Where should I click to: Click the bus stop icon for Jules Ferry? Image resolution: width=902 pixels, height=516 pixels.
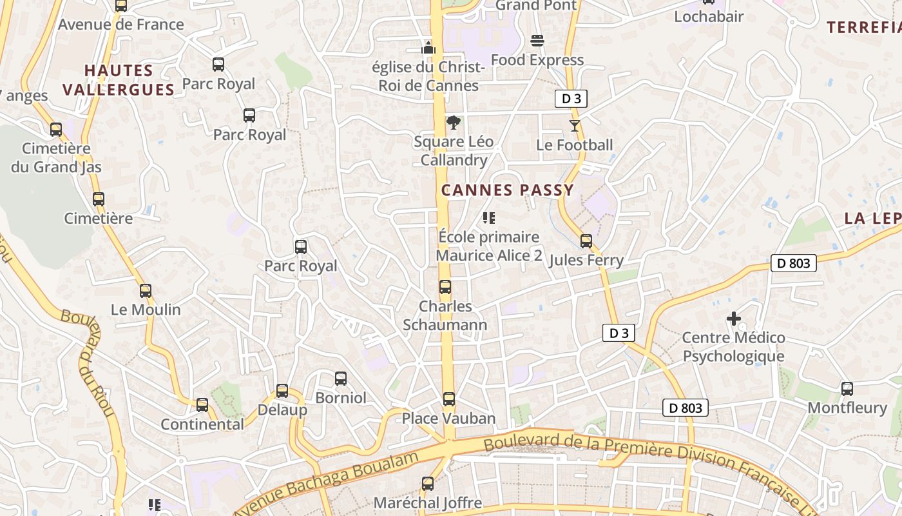pos(586,241)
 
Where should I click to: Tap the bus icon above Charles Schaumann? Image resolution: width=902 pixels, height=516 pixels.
pos(445,287)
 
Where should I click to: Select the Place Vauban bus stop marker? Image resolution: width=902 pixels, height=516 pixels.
pos(449,399)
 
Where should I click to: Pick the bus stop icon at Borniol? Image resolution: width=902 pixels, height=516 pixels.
pos(341,379)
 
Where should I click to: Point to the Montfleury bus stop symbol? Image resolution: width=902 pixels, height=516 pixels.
pos(847,389)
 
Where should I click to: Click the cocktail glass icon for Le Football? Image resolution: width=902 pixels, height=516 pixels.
pos(575,125)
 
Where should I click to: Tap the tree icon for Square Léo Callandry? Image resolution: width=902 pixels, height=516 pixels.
pos(454,123)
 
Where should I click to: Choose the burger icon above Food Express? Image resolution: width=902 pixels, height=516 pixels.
pos(537,41)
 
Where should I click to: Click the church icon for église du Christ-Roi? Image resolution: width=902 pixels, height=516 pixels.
pos(428,48)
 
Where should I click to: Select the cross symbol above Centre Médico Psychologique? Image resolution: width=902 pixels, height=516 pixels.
pos(733,319)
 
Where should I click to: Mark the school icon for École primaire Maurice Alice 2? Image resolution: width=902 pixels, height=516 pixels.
pos(489,218)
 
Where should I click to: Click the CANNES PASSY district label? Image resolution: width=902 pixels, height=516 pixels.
pos(507,190)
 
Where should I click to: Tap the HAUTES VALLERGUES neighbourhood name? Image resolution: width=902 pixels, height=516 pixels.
pos(119,80)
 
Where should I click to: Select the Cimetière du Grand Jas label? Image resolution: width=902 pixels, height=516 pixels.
pos(56,158)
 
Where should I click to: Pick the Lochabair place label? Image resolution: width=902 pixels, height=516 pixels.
pos(709,17)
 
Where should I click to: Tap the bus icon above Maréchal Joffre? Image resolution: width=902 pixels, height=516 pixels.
pos(428,483)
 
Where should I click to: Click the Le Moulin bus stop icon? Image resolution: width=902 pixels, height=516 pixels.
pos(146,291)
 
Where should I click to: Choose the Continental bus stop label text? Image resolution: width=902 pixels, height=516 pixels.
pos(202,424)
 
